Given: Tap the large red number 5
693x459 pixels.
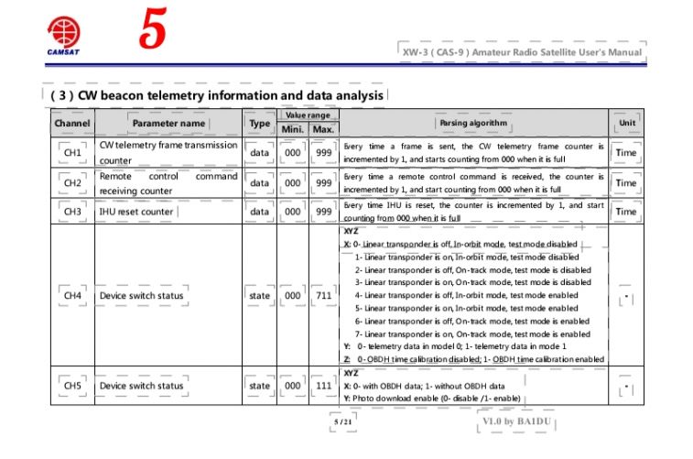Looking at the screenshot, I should (152, 31).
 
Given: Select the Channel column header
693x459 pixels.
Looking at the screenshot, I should (72, 123).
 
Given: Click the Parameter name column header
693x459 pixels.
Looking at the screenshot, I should (168, 123).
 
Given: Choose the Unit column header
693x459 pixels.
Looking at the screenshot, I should (626, 123).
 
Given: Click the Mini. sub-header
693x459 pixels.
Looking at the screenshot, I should (293, 129).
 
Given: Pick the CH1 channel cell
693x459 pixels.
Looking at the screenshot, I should (72, 152).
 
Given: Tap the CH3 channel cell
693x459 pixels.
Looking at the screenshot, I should (72, 212).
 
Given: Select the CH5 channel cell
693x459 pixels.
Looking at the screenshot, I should (72, 386).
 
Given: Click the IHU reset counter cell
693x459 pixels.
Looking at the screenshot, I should (136, 212).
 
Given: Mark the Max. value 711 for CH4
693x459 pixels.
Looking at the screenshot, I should (323, 296).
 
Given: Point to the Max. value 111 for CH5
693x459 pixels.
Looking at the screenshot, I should (323, 386).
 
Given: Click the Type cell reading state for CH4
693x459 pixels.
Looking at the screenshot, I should (259, 296).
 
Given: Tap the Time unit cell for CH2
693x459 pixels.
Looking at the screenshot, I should (626, 182).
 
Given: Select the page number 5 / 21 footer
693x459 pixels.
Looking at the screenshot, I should (342, 422).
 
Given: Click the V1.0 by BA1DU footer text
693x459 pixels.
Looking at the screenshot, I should (516, 422).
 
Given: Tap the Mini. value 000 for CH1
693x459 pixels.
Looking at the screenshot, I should (293, 152).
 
